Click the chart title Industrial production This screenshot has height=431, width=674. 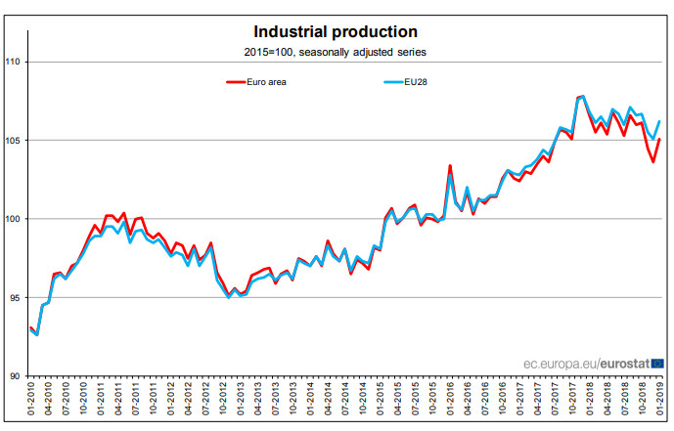click(x=336, y=32)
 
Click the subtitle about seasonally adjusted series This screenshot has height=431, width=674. click(x=336, y=53)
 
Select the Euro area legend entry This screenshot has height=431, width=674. click(x=256, y=82)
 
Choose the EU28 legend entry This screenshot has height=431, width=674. click(x=405, y=82)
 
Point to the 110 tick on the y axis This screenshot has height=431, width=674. click(x=13, y=62)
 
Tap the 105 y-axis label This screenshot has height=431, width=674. click(x=13, y=141)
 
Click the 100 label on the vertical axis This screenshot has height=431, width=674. click(x=13, y=219)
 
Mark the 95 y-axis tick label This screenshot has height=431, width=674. click(x=15, y=297)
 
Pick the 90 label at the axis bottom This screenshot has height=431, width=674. click(x=15, y=376)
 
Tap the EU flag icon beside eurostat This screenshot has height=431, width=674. click(x=657, y=364)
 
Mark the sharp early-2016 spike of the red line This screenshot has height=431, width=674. click(x=450, y=166)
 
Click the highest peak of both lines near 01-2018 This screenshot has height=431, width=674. click(x=583, y=97)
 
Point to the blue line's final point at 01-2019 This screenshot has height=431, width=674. click(x=659, y=121)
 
